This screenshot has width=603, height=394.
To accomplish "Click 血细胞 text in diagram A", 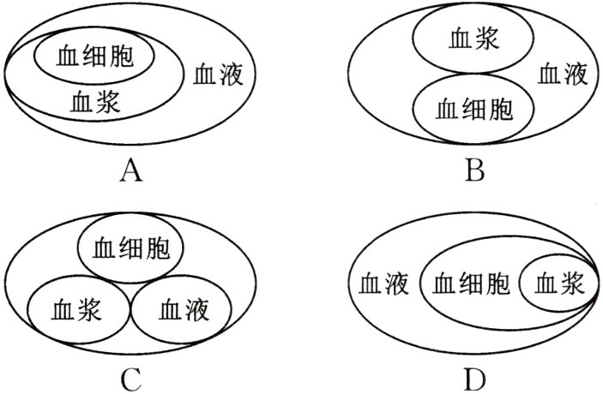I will (94, 57).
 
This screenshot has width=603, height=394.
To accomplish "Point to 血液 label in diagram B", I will (563, 75).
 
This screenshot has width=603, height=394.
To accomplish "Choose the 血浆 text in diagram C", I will (76, 308).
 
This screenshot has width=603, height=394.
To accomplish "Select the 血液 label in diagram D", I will (383, 281).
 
